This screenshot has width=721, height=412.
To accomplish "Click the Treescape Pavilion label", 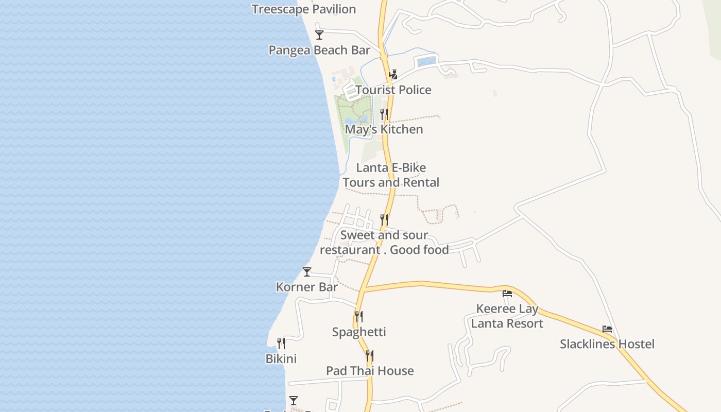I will click(304, 9).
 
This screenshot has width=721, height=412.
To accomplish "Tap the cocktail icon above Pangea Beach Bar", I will click(319, 35).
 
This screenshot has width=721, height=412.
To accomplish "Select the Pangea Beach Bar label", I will click(319, 50).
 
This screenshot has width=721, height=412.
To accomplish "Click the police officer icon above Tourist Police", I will click(393, 75).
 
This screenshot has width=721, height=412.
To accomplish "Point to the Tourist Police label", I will click(393, 90).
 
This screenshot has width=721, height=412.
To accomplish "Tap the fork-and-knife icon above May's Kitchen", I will click(384, 114).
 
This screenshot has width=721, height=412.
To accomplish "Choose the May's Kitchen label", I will click(384, 129).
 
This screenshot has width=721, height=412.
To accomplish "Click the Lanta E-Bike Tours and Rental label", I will click(391, 175).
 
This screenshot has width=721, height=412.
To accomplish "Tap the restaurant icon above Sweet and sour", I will click(384, 220).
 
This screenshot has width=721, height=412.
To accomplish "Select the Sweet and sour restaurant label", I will click(384, 243).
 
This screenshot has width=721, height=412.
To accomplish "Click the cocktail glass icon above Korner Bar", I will click(307, 272).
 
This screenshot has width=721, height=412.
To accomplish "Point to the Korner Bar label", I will click(307, 287).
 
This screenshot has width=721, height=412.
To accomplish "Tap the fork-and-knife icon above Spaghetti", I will click(359, 316).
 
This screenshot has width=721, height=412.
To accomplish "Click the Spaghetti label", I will click(359, 332).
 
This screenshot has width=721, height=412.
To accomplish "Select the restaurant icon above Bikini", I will click(281, 343).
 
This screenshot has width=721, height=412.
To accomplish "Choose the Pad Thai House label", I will click(370, 371).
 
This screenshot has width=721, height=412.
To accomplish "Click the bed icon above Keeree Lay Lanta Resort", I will click(507, 294).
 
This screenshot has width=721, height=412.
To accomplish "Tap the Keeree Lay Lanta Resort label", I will click(507, 316).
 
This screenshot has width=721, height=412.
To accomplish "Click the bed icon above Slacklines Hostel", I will click(607, 329).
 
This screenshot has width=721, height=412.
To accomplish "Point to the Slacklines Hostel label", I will click(607, 344).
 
